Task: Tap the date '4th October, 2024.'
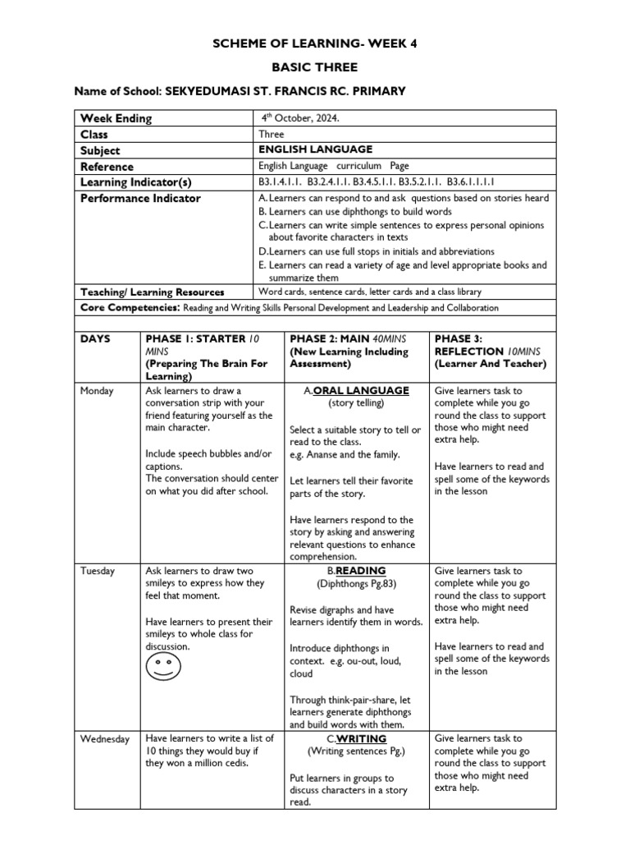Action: click(x=299, y=118)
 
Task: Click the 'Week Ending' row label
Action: click(x=116, y=118)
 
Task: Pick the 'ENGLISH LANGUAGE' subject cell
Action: click(x=315, y=149)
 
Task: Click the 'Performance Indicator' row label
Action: click(x=140, y=198)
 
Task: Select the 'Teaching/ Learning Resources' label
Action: click(x=152, y=292)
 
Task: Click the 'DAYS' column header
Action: click(x=97, y=338)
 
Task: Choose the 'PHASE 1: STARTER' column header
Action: click(x=195, y=338)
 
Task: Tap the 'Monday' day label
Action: click(x=97, y=391)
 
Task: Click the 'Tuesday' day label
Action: click(x=98, y=571)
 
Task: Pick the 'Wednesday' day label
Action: click(x=104, y=739)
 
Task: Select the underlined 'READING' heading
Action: click(x=361, y=571)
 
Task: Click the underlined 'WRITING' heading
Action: click(x=361, y=739)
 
